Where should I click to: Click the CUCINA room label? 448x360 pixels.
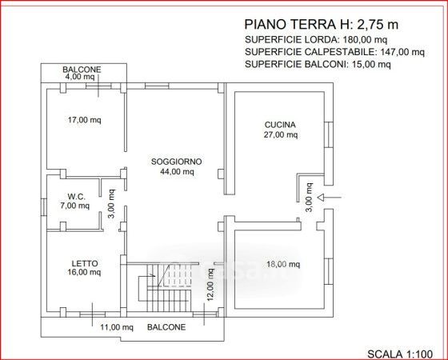[x=280, y=125]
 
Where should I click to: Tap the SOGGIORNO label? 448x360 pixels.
[x=176, y=162]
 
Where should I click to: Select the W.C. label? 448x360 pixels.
[x=76, y=197]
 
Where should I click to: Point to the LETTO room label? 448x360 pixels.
[x=85, y=263]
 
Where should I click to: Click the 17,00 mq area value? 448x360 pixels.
[x=84, y=120]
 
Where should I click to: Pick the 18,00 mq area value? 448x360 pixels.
[x=283, y=264]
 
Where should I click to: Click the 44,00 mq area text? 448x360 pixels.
[x=177, y=172]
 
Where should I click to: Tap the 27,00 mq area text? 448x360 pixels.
[x=281, y=134]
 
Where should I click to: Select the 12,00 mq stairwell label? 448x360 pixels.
[x=210, y=285]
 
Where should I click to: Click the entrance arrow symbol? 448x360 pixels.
[x=329, y=197]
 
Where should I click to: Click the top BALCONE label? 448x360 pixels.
[x=82, y=70]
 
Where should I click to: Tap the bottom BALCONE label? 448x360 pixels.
[x=166, y=327]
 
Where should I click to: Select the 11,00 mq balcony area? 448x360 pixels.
[x=117, y=327]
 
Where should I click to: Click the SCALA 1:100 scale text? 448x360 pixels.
[x=400, y=354]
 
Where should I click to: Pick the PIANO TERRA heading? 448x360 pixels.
[x=290, y=25]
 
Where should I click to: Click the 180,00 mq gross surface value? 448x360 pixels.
[x=365, y=40]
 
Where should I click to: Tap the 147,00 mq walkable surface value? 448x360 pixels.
[x=402, y=52]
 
